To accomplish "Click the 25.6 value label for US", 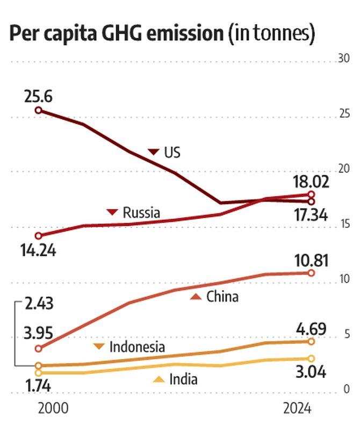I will (38, 97).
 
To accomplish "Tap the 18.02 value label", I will (311, 181).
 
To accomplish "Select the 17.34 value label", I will (311, 215).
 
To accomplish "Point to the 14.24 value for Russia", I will (38, 250).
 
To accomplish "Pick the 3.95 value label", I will (39, 334).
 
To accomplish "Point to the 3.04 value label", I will (309, 371).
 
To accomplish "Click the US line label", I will (172, 153).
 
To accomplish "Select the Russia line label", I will (141, 213).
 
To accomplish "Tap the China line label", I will (222, 297).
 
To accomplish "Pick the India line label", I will (183, 379).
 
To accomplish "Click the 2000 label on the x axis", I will (53, 409).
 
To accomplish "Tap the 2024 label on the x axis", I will (297, 409).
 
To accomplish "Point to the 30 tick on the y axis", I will (344, 59).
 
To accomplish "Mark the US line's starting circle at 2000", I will (38, 110).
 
